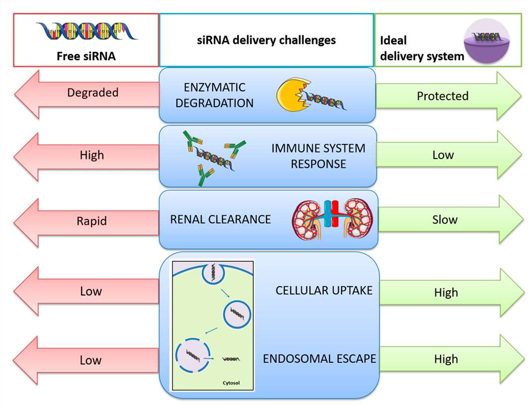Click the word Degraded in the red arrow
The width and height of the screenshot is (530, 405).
click(92, 93)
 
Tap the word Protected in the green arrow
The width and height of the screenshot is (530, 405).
click(442, 96)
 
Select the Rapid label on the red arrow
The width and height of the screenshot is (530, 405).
click(92, 221)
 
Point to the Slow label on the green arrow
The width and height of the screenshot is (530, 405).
click(444, 220)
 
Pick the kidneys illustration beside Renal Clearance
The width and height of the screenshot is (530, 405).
click(332, 219)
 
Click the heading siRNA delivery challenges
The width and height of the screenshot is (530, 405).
click(266, 40)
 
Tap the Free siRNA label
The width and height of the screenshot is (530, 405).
click(86, 56)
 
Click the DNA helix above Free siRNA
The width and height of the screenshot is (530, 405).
click(87, 31)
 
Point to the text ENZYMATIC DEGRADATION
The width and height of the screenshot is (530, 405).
click(214, 95)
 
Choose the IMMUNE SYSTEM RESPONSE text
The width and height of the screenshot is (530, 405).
click(318, 156)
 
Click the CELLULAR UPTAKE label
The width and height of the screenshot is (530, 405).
click(324, 290)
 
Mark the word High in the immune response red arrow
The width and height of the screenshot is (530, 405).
click(92, 156)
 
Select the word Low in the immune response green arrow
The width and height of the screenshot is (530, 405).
click(442, 155)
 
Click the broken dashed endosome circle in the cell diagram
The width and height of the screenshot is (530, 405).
click(192, 353)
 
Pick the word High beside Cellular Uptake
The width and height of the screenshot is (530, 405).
click(445, 293)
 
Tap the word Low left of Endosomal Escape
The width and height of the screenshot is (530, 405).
click(90, 360)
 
